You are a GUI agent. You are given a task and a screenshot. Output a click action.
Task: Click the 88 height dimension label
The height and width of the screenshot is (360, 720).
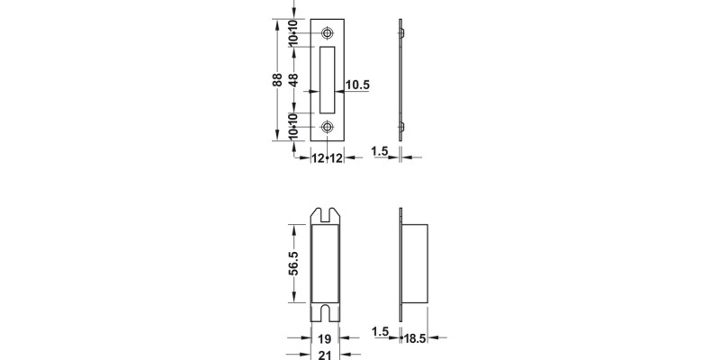[277, 80]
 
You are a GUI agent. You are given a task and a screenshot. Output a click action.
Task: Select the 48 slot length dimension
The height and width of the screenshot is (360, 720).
[293, 80]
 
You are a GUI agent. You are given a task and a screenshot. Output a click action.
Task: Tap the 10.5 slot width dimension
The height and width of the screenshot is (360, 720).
[357, 85]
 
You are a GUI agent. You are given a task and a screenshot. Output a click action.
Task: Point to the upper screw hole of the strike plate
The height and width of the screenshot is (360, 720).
[327, 33]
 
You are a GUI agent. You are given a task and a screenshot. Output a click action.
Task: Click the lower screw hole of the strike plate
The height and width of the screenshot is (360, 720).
[327, 127]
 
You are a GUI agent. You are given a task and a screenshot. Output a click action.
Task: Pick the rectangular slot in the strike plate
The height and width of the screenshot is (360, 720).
[327, 80]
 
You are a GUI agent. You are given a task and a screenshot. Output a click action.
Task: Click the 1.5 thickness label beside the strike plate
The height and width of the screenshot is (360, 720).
[380, 151]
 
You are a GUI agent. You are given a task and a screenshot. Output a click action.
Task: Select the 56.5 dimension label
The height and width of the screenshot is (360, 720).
[293, 264]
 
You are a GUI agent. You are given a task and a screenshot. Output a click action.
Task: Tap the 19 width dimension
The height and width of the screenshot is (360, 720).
[325, 339]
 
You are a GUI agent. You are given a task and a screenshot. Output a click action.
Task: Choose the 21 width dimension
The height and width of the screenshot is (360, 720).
[325, 355]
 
